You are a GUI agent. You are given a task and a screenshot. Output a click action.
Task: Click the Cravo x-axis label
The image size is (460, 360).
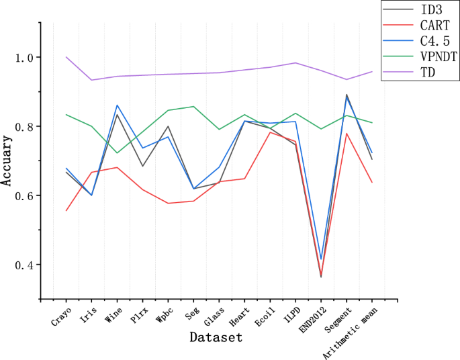tap(60, 316)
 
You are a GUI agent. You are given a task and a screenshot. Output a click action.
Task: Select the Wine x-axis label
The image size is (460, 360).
tap(112, 315)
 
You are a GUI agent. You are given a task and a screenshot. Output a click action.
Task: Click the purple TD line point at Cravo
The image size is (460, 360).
tap(66, 57)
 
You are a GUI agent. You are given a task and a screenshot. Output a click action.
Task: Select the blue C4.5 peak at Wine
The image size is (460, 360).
tap(118, 105)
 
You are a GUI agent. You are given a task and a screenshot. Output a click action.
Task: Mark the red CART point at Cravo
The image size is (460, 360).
tap(66, 211)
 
